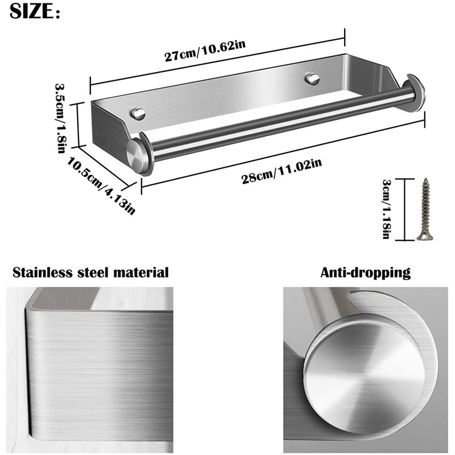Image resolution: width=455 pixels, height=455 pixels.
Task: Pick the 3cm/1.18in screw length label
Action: pos(386,209)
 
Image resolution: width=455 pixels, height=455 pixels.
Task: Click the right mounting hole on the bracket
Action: pos(312,77)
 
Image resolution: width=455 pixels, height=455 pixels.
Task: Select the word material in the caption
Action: pos(142,272)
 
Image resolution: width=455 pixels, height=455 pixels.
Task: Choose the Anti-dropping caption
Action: pos(365,272)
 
